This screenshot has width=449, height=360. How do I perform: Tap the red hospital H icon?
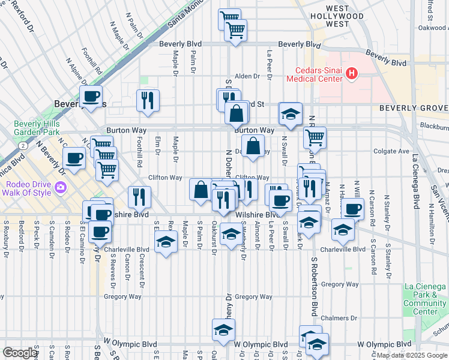coord(352,74)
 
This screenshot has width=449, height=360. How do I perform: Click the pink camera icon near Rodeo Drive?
coord(61,188)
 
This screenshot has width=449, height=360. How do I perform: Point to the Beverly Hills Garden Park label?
coord(37,128)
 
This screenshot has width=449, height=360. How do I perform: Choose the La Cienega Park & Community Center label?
coord(424,299)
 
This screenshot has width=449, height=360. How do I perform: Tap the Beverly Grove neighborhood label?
coord(414,108)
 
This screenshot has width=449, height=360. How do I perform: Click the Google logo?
coord(20,353)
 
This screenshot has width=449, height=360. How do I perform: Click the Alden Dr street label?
coord(247,76)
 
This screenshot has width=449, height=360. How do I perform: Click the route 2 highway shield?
coord(22,145)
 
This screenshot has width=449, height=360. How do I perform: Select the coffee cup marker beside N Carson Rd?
coord(353,209)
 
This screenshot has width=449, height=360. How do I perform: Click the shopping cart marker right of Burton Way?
coord(315,137)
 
